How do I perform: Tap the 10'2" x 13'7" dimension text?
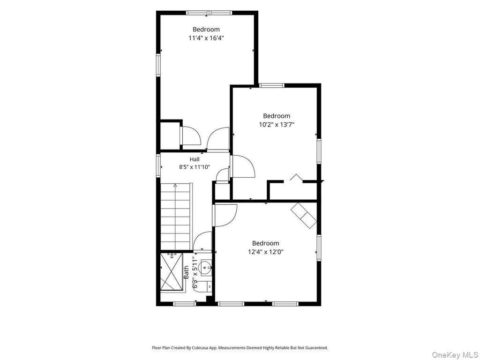point(277,125)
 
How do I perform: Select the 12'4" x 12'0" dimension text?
point(266,252)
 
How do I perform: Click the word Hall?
point(195,159)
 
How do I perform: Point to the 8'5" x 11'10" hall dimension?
point(195,167)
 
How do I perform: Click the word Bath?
point(186,272)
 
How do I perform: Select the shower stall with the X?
point(172,271)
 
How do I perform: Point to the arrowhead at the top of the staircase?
point(175,185)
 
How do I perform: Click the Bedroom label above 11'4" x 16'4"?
point(206,30)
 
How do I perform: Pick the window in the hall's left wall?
point(158,165)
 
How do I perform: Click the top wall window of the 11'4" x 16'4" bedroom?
point(209,13)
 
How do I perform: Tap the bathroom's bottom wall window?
point(185,304)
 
